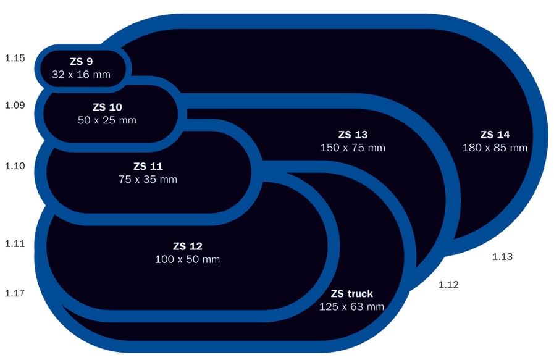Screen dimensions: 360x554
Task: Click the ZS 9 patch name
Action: tap(81, 61)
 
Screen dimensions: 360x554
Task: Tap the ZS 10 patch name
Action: tap(107, 107)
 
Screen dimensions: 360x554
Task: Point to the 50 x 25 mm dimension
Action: tap(107, 120)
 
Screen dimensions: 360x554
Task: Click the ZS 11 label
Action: tap(148, 166)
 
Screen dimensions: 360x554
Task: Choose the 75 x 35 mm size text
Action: tap(148, 180)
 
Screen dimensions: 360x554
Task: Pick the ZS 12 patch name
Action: tap(187, 246)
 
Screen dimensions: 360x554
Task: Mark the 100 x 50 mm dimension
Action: tap(187, 259)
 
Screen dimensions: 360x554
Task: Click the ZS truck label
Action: tap(352, 293)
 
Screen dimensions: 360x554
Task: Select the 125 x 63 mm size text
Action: tap(352, 307)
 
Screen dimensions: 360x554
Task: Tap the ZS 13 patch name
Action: tap(353, 135)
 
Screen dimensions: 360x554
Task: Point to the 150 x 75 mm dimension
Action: tap(353, 148)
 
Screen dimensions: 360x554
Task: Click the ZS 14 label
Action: tap(495, 135)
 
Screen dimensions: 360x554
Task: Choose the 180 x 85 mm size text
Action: tap(495, 148)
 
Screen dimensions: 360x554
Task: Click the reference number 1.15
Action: tap(15, 58)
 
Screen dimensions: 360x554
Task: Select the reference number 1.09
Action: tap(15, 105)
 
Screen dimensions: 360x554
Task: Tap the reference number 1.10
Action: tap(15, 166)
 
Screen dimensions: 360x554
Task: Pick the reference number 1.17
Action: tap(15, 293)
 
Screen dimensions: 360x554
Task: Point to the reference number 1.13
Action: tap(503, 256)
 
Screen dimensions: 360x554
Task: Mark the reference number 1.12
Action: tap(448, 285)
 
